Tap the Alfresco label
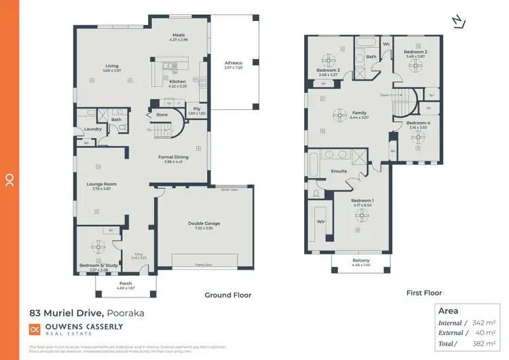(233, 63)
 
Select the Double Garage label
(204, 223)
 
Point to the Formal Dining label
(176, 157)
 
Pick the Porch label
(126, 283)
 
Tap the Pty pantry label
(197, 109)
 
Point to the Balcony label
(361, 261)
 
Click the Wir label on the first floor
(321, 221)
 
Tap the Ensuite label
(339, 171)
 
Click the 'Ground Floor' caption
(228, 295)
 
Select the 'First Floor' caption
(423, 293)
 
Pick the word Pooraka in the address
(125, 313)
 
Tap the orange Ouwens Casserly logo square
(35, 329)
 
